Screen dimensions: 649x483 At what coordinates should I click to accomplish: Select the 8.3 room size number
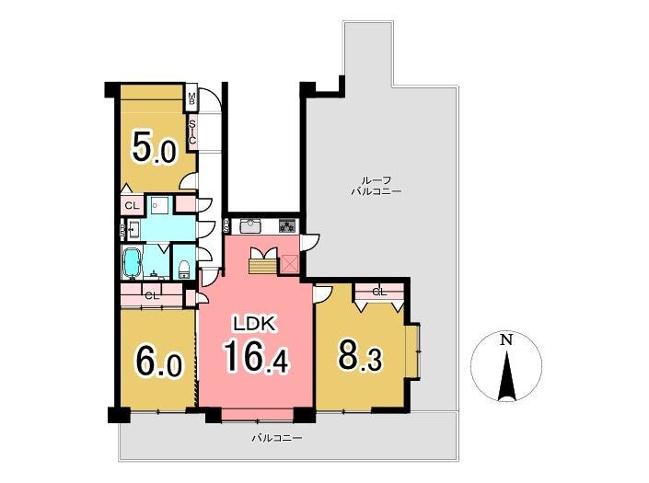click(x=360, y=355)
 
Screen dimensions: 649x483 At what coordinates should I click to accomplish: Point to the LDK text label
click(x=254, y=324)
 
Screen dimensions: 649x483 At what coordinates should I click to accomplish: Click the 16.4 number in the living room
click(x=255, y=357)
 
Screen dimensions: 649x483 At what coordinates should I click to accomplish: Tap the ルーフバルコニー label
click(x=377, y=186)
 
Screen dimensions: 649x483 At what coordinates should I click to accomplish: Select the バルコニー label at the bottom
click(x=277, y=438)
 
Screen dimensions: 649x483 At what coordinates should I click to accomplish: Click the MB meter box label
click(x=191, y=98)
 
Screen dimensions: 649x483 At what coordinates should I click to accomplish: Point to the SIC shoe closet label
click(x=192, y=132)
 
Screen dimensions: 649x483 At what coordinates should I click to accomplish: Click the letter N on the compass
click(x=506, y=340)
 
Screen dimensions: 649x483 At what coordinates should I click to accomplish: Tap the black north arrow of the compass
click(x=507, y=376)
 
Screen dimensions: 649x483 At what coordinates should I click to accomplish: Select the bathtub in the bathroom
click(x=132, y=262)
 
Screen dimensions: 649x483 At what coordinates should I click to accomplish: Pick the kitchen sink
click(x=249, y=225)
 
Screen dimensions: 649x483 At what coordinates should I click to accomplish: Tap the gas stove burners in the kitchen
click(x=287, y=225)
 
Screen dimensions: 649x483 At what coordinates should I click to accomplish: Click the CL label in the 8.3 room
click(x=379, y=292)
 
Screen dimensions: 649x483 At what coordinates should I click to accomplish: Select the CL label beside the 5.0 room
click(x=132, y=205)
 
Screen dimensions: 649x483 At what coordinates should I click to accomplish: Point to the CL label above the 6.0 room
click(x=152, y=296)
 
